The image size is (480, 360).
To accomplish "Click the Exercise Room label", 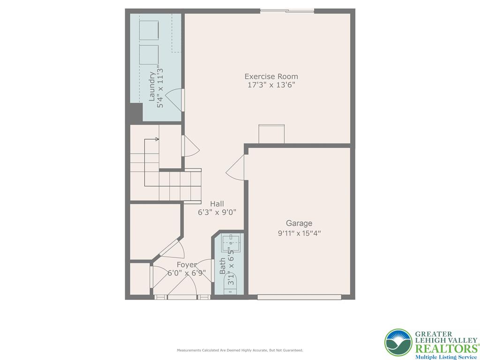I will pos(271,76).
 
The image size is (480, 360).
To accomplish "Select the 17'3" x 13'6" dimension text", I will pos(271,85).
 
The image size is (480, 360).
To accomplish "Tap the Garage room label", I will pos(299,223).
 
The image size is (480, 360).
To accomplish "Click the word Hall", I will pos(217,203).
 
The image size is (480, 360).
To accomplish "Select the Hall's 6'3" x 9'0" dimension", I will pos(217,212).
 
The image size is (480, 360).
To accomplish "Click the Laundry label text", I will pos(152,86).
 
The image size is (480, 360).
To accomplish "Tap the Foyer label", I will pos(187,265).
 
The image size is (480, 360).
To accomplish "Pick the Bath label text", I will pos(222,266).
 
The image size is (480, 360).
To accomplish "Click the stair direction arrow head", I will pos(157,139).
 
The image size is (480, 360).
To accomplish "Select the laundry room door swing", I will pos(174,99).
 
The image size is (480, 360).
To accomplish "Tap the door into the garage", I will pos(236,168).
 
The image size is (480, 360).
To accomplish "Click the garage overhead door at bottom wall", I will pos(299,297).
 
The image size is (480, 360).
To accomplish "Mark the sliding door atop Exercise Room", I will pos(287,11).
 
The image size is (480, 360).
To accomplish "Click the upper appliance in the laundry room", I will pos(149,30).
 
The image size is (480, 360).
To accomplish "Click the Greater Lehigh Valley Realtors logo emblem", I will pos(398,343).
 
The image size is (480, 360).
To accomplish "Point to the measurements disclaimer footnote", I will pos(240,350).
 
